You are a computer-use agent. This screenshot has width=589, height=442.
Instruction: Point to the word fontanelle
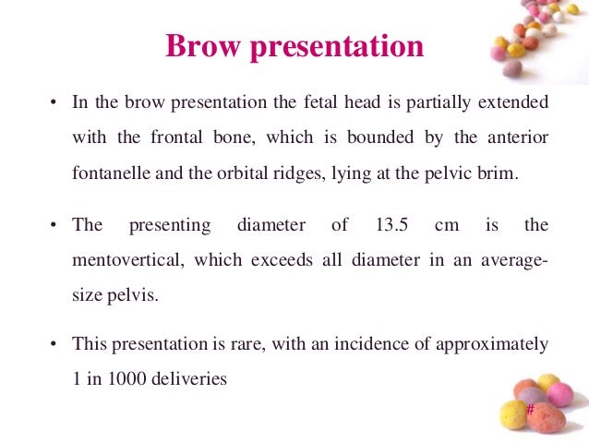point(109,173)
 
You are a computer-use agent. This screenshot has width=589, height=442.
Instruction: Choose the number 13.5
point(397,225)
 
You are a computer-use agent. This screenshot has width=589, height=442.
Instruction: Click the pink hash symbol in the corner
point(530,409)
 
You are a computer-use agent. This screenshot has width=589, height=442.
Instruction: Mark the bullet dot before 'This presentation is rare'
point(54,345)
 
